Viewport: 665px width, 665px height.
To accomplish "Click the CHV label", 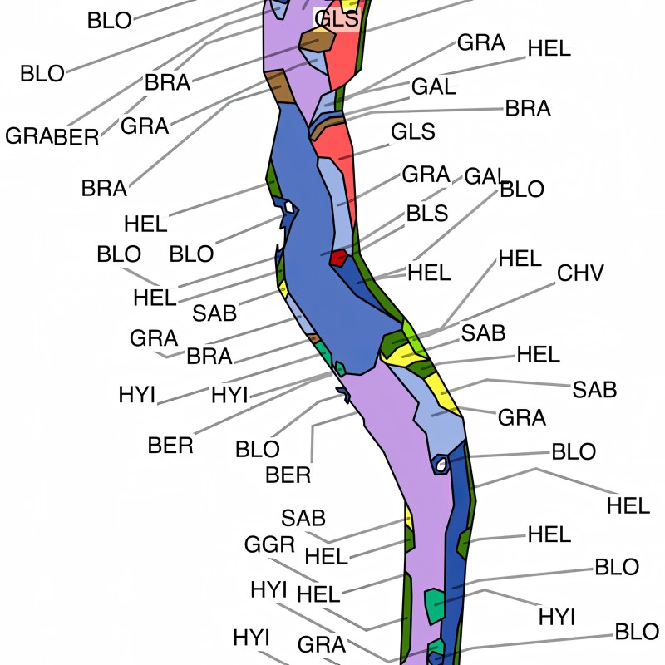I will pyautogui.click(x=580, y=273).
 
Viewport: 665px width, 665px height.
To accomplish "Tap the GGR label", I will pyautogui.click(x=269, y=544).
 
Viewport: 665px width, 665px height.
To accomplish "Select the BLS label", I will pyautogui.click(x=427, y=213).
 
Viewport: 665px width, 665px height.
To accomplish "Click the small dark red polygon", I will pyautogui.click(x=338, y=258).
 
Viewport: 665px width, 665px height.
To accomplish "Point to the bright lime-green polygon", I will pyautogui.click(x=411, y=339).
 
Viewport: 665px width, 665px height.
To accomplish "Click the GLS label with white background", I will pyautogui.click(x=338, y=19).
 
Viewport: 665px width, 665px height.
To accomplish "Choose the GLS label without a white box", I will pyautogui.click(x=413, y=131).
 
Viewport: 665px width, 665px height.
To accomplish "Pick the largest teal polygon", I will pyautogui.click(x=434, y=606).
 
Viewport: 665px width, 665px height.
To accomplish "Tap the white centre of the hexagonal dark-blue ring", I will pyautogui.click(x=441, y=462).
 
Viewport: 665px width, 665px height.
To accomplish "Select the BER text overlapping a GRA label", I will pyautogui.click(x=76, y=136).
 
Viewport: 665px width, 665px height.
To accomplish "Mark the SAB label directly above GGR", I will pyautogui.click(x=303, y=519).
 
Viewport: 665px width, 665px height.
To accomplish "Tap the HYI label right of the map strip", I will pyautogui.click(x=557, y=617).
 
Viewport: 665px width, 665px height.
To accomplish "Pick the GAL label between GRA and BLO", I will pyautogui.click(x=485, y=176).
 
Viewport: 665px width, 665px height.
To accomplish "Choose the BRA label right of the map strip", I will pyautogui.click(x=528, y=109).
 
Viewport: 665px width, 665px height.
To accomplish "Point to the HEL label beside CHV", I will pyautogui.click(x=520, y=258).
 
